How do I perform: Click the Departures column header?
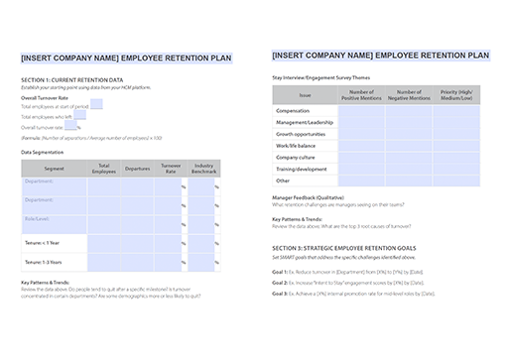click(137, 170)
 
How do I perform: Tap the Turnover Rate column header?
click(171, 170)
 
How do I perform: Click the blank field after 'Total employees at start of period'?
click(96, 105)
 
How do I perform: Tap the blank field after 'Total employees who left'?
click(78, 116)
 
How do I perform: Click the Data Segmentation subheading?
click(42, 152)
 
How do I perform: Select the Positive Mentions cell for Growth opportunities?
click(361, 133)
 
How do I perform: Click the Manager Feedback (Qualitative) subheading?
click(308, 197)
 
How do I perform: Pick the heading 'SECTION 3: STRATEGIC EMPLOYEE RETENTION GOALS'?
click(343, 247)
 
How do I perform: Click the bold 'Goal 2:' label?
click(279, 282)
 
